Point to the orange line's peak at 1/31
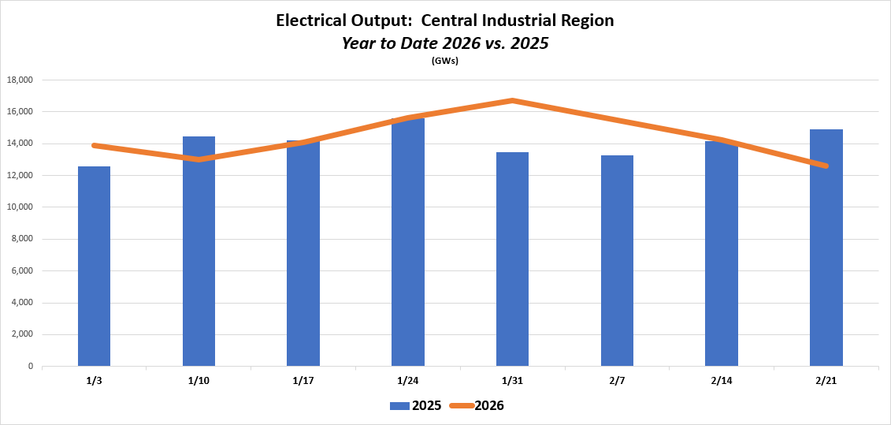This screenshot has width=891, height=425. pos(512,100)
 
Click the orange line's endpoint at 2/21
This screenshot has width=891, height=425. pos(826,166)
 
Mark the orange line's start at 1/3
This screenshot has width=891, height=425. pos(94,145)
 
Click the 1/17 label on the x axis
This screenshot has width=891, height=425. pos(303,381)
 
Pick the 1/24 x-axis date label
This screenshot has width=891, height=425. pos(407,381)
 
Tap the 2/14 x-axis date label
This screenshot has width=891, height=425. pos(721,381)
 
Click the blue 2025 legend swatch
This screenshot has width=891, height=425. pos(401,406)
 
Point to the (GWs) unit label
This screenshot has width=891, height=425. pos(445,61)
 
